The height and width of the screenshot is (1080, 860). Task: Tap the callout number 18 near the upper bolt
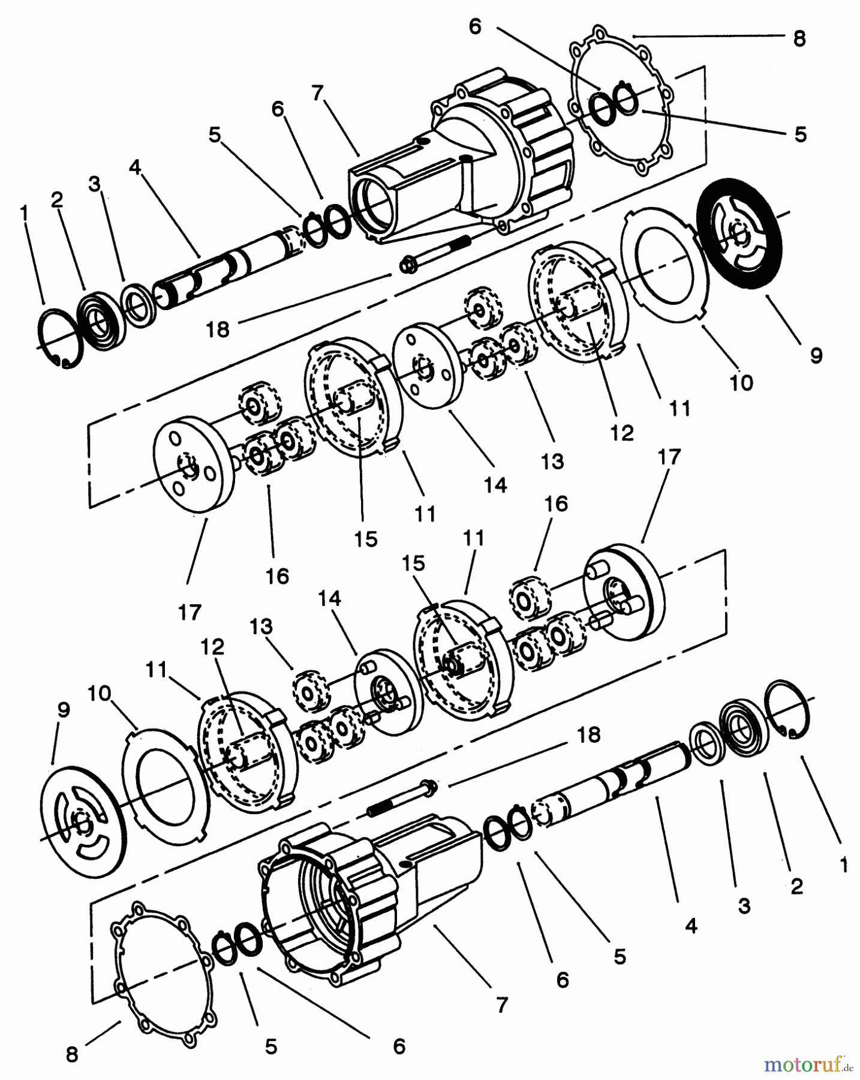(218, 329)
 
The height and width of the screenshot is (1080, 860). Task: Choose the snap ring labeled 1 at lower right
(790, 710)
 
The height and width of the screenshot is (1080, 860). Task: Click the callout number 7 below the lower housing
(502, 1004)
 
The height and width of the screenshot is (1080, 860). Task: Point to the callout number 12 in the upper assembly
(622, 432)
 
